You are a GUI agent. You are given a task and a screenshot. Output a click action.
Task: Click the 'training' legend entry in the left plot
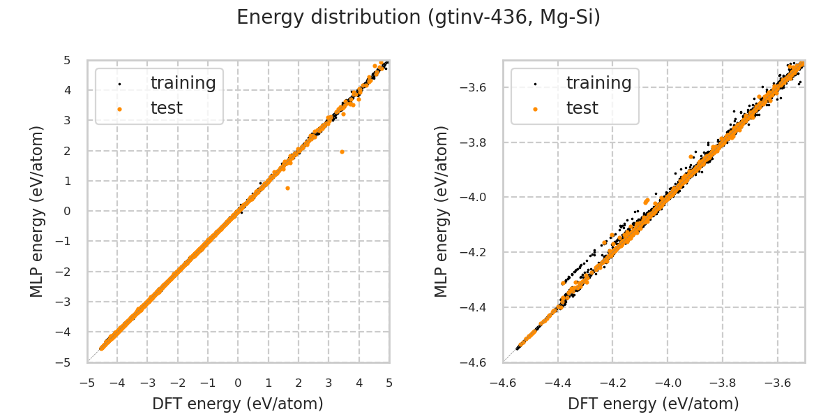coord(183,83)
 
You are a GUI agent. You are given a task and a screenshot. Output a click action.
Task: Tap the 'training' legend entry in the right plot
coord(598,83)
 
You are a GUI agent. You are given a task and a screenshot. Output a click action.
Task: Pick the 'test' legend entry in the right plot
coord(582,108)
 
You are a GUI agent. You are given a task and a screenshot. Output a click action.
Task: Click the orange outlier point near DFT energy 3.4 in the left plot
coord(342,152)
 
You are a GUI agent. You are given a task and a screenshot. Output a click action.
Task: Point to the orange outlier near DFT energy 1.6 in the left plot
coord(287,188)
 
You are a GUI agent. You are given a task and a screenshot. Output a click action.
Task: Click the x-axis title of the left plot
coord(238,404)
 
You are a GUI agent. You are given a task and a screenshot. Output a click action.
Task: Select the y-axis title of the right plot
coord(442,211)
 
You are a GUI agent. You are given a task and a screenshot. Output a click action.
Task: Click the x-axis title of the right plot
coord(654,404)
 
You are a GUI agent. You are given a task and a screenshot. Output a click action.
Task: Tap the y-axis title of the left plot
coord(37,211)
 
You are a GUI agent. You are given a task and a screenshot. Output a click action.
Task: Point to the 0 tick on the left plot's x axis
coord(238,383)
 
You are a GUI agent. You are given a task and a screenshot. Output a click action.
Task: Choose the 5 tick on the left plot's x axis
coord(389,383)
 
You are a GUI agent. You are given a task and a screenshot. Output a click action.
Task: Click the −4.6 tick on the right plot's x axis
coord(503,383)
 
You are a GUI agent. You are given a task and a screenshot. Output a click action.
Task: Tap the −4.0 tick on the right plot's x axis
coord(668,383)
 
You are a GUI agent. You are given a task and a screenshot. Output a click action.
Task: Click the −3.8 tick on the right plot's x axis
coord(723,383)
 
